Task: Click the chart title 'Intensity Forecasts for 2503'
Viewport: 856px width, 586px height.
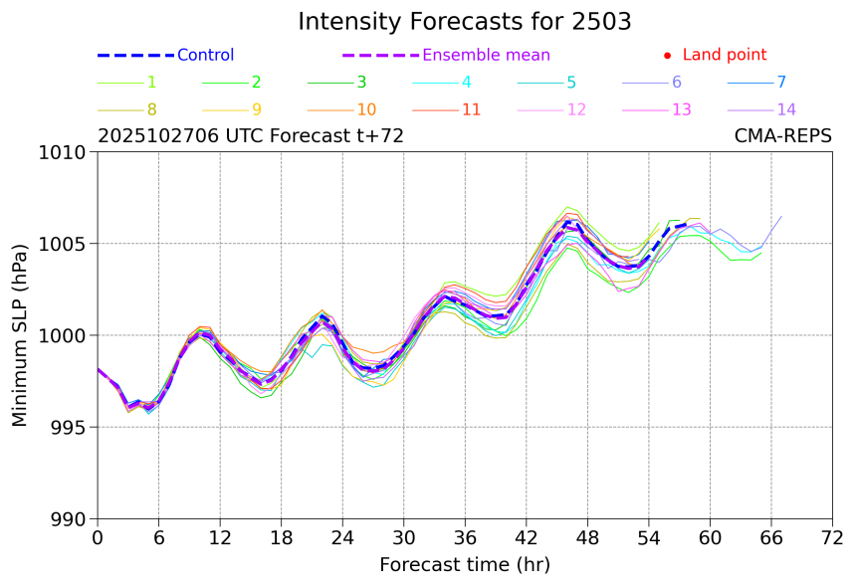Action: point(464,22)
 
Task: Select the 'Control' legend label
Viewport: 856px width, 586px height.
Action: point(205,56)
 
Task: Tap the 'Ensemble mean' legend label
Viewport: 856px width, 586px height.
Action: point(486,56)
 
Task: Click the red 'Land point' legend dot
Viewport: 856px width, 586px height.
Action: point(667,56)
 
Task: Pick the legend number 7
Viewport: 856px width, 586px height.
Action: point(781,83)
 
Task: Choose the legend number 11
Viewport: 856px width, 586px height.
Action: point(472,109)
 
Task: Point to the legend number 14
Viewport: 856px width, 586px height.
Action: point(786,109)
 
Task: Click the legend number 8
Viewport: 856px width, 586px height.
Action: point(151,109)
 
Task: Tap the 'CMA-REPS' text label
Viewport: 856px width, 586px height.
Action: point(782,136)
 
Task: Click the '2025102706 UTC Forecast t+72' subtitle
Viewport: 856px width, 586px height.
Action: point(251,136)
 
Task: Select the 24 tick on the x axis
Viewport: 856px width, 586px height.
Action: point(342,538)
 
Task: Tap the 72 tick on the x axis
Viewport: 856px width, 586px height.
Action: point(832,538)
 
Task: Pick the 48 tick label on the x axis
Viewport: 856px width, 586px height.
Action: point(587,538)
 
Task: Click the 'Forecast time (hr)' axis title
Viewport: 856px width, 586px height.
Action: point(464,565)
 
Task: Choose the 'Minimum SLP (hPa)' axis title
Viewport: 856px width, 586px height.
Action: point(20,335)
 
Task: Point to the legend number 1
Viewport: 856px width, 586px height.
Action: point(151,83)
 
